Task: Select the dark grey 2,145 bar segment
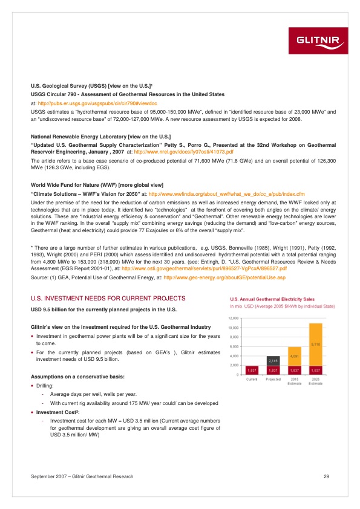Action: coord(273,360)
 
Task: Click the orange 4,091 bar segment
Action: coord(295,356)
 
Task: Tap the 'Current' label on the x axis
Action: coord(252,379)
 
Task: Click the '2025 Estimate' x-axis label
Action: coord(315,381)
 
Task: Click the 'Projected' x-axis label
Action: coord(273,379)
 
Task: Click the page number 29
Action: coord(326,478)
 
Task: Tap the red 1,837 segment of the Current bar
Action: coord(252,369)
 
